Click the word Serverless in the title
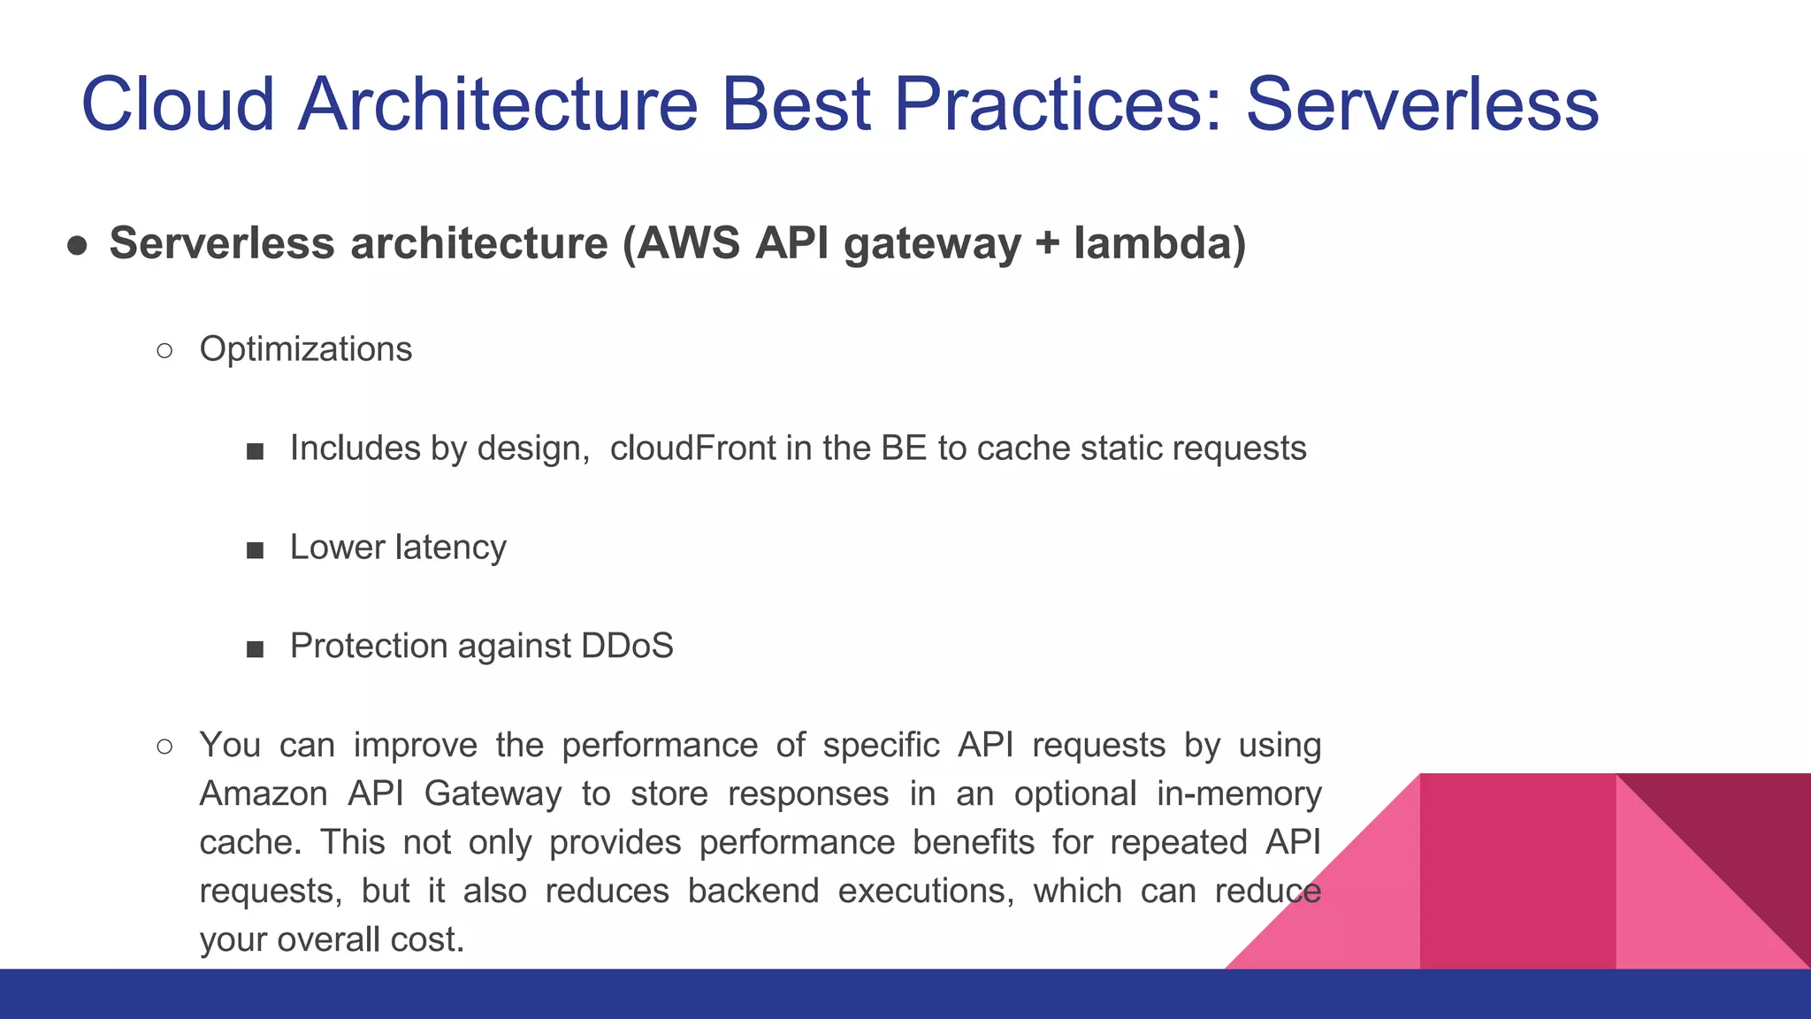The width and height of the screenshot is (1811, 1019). point(1422,104)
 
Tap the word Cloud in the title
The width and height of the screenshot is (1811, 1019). point(178,104)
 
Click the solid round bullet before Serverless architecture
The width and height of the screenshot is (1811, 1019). point(77,245)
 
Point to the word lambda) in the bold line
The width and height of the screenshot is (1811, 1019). point(1159,243)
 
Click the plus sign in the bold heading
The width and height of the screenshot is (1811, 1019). point(1047,243)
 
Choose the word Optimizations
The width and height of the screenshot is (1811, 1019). point(306,349)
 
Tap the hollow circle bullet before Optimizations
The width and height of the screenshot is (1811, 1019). point(164,351)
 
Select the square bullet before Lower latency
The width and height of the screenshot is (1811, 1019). point(256,550)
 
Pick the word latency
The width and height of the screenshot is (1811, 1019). point(451,548)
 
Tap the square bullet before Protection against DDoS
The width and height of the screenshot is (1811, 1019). point(256,649)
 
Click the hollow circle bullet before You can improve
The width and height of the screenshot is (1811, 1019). point(164,747)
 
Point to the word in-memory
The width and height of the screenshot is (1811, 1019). point(1238,793)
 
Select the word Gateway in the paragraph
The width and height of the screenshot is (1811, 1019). point(493,793)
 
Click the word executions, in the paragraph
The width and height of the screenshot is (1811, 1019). point(926,891)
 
